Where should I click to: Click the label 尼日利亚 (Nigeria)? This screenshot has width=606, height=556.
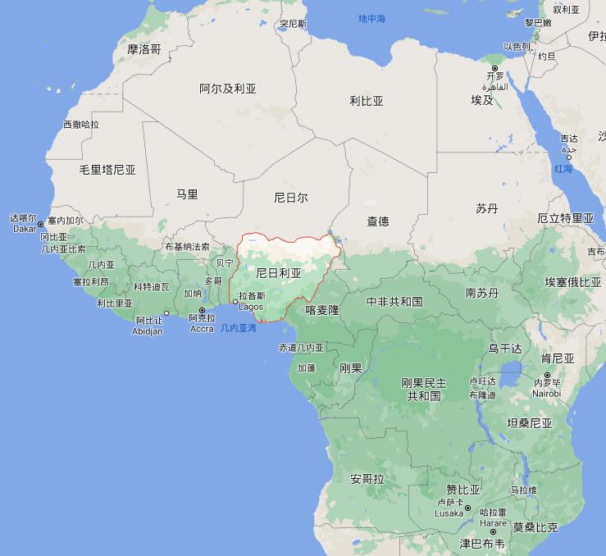tap(279, 272)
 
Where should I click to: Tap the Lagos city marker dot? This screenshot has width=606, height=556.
tap(235, 303)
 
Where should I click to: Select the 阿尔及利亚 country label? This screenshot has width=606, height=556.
tap(228, 89)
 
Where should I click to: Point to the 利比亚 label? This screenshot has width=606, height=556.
tap(367, 102)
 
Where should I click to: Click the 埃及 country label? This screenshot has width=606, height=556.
tap(482, 100)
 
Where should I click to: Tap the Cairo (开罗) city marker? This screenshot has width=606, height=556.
tap(494, 67)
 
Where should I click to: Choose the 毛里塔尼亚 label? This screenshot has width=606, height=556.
tap(107, 170)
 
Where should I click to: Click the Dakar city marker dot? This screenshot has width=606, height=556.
tap(40, 224)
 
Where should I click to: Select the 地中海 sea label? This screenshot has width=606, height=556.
tap(371, 18)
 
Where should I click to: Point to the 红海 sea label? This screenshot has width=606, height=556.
tap(563, 168)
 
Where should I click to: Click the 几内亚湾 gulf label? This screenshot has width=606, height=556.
tap(239, 328)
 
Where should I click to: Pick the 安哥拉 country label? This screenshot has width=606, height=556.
tap(367, 479)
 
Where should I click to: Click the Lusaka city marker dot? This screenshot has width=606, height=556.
tap(467, 508)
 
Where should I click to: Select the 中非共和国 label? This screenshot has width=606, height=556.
tap(394, 302)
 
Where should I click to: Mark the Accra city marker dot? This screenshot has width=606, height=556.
tap(202, 310)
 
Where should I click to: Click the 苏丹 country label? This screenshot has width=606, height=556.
tap(487, 208)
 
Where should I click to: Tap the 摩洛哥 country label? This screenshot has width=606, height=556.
tap(144, 49)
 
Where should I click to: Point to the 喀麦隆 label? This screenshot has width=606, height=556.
tap(322, 310)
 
